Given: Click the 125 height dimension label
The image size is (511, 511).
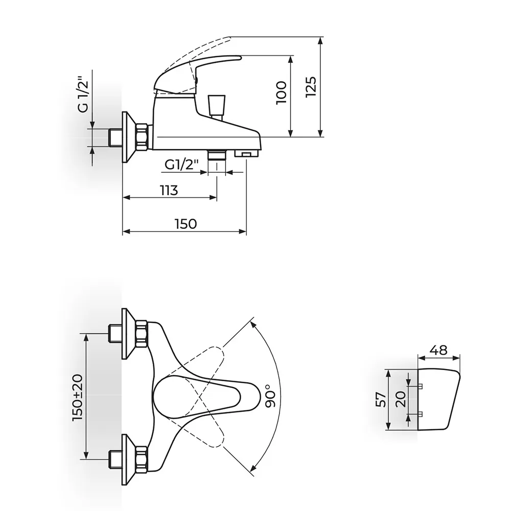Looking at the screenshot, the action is pos(311,87).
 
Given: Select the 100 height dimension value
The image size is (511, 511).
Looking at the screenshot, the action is pos(281,93).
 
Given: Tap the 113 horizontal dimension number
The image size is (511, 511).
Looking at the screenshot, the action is pos(169,190).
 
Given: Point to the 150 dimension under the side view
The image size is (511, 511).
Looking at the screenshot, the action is pos(186,224).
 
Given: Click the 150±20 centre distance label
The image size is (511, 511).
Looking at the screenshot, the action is pos(78,397).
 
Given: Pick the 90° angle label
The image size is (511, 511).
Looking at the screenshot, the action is pos(270,396).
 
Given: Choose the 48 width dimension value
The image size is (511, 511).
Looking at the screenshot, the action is pos(438,350).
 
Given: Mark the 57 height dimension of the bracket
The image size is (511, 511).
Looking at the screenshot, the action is pos(381,400).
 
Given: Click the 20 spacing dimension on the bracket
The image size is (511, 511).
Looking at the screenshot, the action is pos(401,399).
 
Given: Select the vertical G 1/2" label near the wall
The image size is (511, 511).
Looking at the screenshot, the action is pos(83,95).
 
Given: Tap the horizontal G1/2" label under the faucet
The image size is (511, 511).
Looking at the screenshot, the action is pos(181,165).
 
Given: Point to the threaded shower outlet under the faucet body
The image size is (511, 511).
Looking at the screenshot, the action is pos(217,155).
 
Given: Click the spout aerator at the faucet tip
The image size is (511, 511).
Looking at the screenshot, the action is pos(247,153).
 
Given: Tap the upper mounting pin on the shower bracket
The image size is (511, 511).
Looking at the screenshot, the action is pos(420,386).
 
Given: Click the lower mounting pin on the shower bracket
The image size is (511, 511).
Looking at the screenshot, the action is pos(420,414).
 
